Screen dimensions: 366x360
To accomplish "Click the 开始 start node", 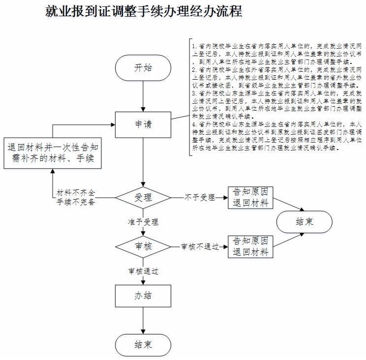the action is (143, 68).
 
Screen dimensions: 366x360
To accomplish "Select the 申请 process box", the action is (143, 124).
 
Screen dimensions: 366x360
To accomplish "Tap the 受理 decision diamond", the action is (143, 198).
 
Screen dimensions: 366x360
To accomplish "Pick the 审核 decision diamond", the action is (143, 246).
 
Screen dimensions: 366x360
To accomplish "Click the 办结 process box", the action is (143, 296).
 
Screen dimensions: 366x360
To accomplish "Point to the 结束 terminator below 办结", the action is (143, 345).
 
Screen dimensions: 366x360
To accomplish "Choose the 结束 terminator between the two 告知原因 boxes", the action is (304, 222).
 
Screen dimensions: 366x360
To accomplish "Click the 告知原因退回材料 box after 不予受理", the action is (250, 197).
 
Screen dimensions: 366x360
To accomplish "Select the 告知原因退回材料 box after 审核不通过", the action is (250, 246).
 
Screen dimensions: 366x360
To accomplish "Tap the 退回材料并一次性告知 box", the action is (53, 153).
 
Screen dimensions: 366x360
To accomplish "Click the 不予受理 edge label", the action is (200, 198).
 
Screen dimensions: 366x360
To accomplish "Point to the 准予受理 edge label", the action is (143, 222).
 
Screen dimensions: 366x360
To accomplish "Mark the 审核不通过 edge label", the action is (200, 246).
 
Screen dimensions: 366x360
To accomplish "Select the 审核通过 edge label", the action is (143, 271).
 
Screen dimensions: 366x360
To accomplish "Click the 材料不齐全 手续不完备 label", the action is (76, 197).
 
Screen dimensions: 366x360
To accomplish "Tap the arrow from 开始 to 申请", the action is (143, 96).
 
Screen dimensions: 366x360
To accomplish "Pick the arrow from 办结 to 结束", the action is (143, 321).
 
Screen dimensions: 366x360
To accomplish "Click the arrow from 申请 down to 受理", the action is (143, 162).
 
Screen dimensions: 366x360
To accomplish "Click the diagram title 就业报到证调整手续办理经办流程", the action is (144, 11).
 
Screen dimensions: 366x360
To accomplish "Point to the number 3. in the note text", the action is (195, 93).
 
